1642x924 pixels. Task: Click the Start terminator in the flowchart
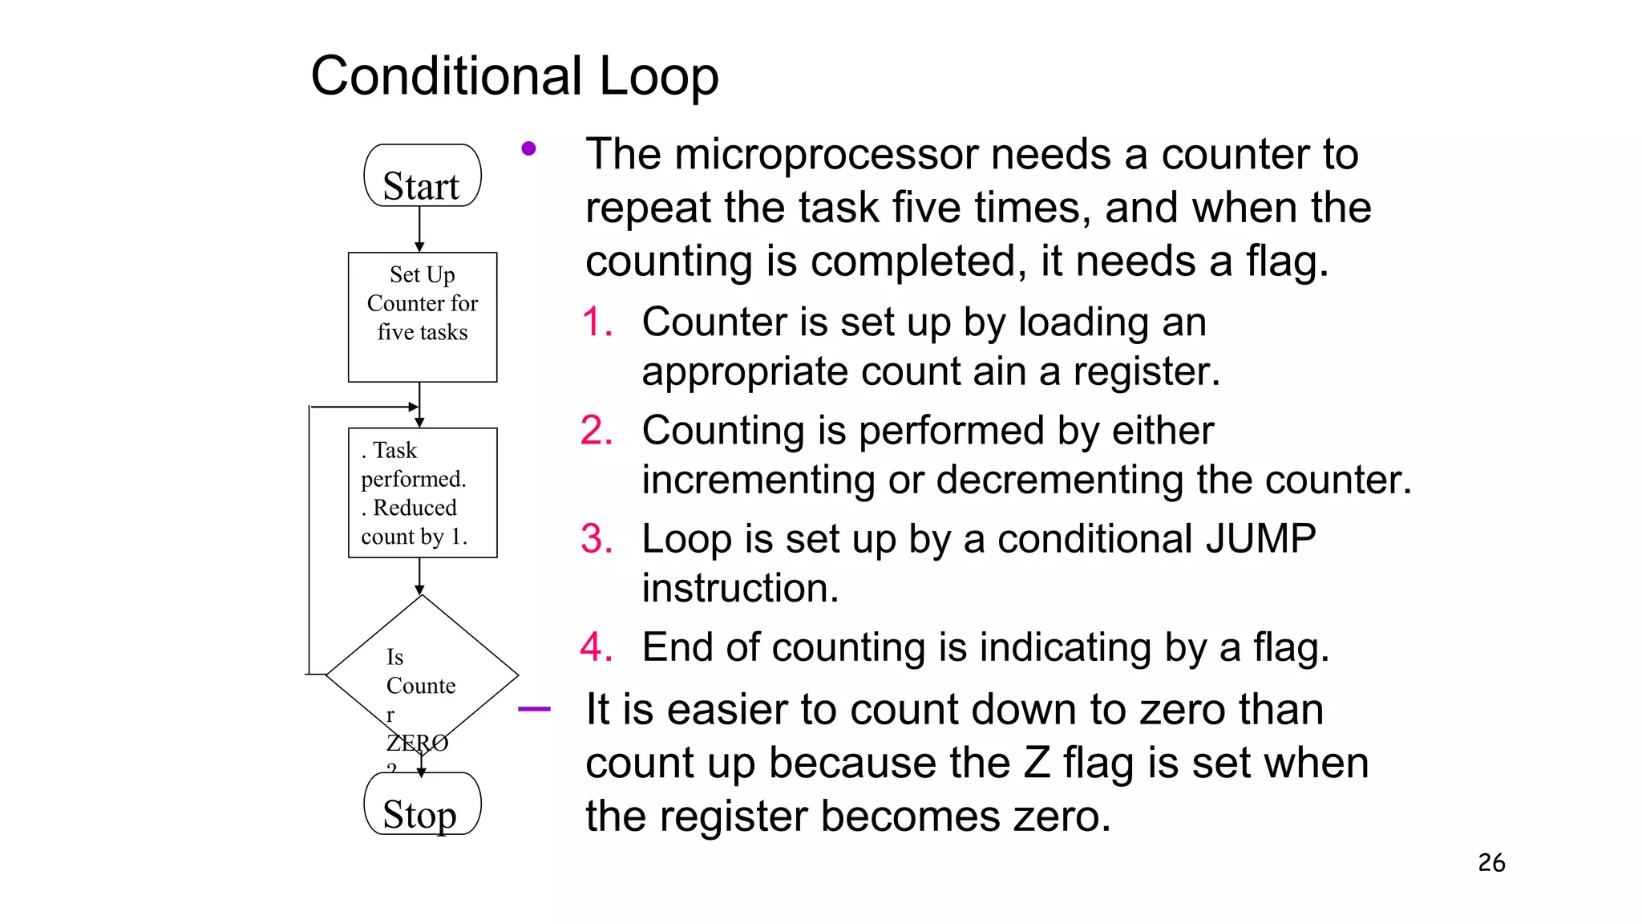point(423,176)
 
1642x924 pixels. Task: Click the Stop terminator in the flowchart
point(423,804)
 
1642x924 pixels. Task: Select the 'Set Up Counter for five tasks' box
point(423,317)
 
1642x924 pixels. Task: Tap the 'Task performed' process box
point(423,492)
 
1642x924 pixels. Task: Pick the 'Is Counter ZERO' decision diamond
point(422,675)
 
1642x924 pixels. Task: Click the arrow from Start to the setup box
point(419,229)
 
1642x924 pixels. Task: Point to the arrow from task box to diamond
point(419,576)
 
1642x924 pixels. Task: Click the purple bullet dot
point(528,148)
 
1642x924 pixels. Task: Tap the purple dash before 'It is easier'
point(534,709)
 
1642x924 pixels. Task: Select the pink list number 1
point(597,322)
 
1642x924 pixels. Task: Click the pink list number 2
point(597,431)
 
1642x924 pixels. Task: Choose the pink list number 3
point(597,539)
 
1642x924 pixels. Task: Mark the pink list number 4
point(597,647)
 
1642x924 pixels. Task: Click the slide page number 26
point(1491,863)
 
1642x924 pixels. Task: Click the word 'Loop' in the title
point(658,77)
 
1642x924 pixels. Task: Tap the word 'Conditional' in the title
point(447,77)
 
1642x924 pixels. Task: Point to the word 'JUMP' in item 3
point(1260,538)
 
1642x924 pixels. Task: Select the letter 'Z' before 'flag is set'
point(1037,763)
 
